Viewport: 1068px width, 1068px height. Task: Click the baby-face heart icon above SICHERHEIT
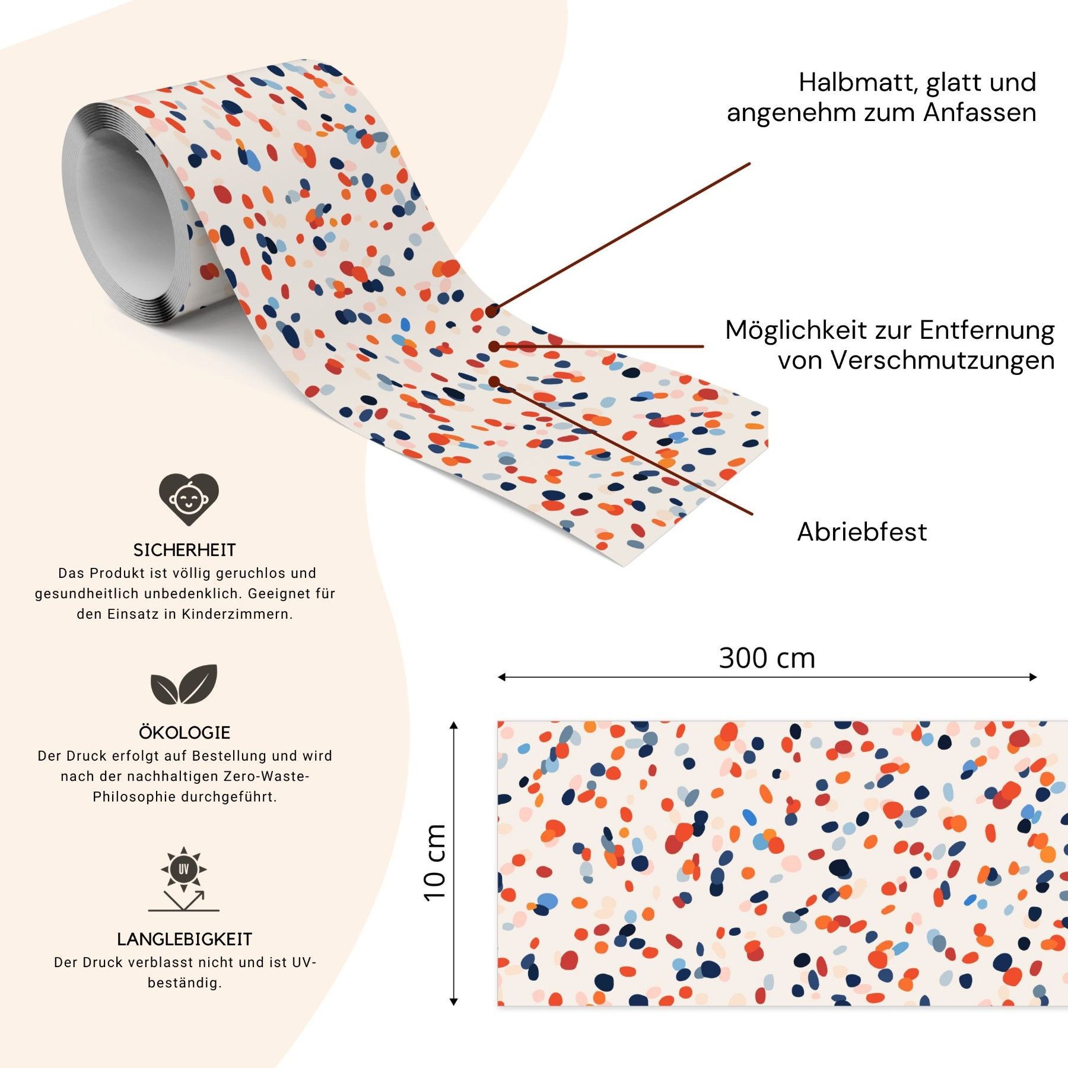pos(189,499)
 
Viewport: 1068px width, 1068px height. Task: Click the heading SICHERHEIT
pos(185,550)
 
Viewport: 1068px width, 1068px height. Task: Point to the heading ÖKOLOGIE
pos(185,733)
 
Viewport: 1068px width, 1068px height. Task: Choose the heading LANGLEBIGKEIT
pos(185,939)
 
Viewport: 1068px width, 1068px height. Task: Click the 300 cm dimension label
pos(767,658)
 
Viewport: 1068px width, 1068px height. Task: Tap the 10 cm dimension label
pos(435,864)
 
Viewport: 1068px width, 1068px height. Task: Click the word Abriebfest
pos(862,532)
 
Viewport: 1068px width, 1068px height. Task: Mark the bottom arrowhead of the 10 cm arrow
pos(454,1002)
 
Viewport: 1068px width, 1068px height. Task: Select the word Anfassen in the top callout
pos(980,113)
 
